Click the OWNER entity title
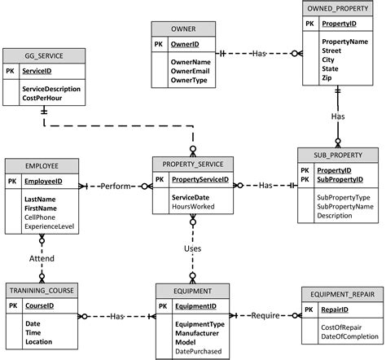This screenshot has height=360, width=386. (183, 29)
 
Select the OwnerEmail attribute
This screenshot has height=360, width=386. (190, 71)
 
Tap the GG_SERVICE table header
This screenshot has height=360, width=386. (44, 56)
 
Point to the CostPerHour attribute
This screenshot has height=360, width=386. (42, 98)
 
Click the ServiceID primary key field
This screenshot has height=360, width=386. (37, 71)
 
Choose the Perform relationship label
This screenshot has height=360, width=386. (116, 187)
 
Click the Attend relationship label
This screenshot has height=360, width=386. (42, 258)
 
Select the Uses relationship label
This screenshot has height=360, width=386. (192, 248)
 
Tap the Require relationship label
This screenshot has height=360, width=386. (265, 315)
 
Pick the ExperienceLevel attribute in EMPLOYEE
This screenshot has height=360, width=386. (49, 226)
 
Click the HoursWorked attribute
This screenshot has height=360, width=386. (193, 207)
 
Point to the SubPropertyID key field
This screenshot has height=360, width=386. (340, 179)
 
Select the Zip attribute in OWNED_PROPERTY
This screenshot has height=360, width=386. (327, 78)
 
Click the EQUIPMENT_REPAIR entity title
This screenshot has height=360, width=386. (342, 294)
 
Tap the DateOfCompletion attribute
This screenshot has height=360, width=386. (349, 336)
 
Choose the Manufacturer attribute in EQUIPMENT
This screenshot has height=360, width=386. (197, 333)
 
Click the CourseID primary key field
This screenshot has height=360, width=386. (40, 305)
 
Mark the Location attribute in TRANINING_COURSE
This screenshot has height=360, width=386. (38, 342)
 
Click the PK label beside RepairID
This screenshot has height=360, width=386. (309, 310)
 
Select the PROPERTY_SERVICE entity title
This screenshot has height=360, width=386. (193, 165)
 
